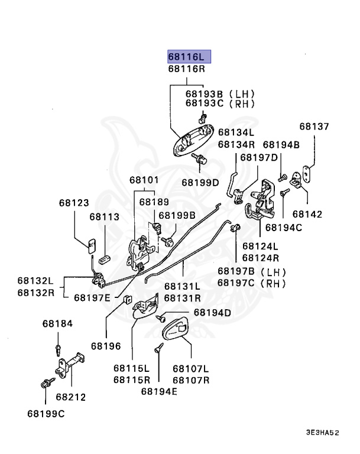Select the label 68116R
tap(187, 69)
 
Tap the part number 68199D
tap(200, 183)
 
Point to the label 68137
tap(314, 127)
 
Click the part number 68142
tap(307, 214)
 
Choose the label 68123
tap(74, 203)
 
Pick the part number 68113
tap(104, 217)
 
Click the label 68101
tap(144, 180)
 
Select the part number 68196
tap(106, 346)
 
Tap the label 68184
tap(57, 324)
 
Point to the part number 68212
tap(71, 397)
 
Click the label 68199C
tap(46, 414)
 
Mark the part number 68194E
tap(159, 391)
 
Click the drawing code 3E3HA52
tap(322, 433)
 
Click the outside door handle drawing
tap(193, 140)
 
